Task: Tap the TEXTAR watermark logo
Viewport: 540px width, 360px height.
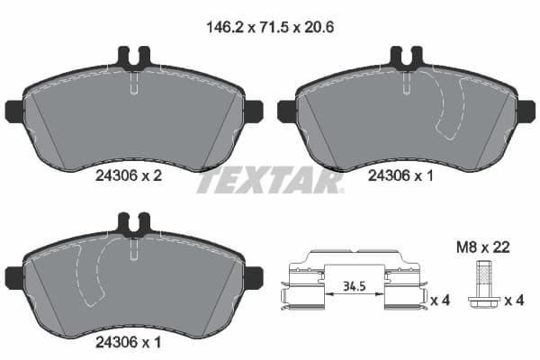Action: coord(269,180)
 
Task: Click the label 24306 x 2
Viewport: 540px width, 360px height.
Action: coord(128,178)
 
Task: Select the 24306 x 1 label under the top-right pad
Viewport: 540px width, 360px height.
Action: coord(401,178)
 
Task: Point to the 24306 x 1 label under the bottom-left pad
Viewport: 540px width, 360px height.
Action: coord(128,341)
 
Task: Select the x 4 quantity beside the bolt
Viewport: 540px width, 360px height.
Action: coord(514,300)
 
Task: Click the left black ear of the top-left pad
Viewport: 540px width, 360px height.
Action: coord(13,112)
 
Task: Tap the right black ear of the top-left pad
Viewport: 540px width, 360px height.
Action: coord(253,112)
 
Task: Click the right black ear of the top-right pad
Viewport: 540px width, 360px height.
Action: coord(526,112)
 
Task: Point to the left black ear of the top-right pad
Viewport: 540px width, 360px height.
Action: coord(286,112)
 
